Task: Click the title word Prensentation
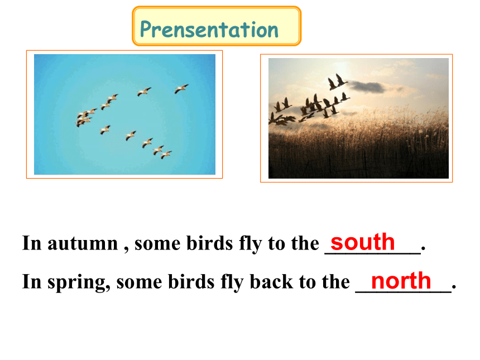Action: coord(209,30)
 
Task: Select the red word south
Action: coord(363,242)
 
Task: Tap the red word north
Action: coord(401,280)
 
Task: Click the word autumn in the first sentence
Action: coord(83,244)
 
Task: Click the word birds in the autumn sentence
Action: coord(210,243)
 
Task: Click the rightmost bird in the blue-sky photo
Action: coord(181,89)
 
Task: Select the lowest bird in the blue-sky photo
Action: coord(166,155)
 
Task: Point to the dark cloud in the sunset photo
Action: coord(367,87)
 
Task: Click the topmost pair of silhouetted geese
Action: coord(337,81)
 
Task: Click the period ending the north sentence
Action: coord(454,287)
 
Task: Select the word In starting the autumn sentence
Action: coord(31,243)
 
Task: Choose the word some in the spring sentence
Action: coord(140,282)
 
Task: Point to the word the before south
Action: coord(305,243)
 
